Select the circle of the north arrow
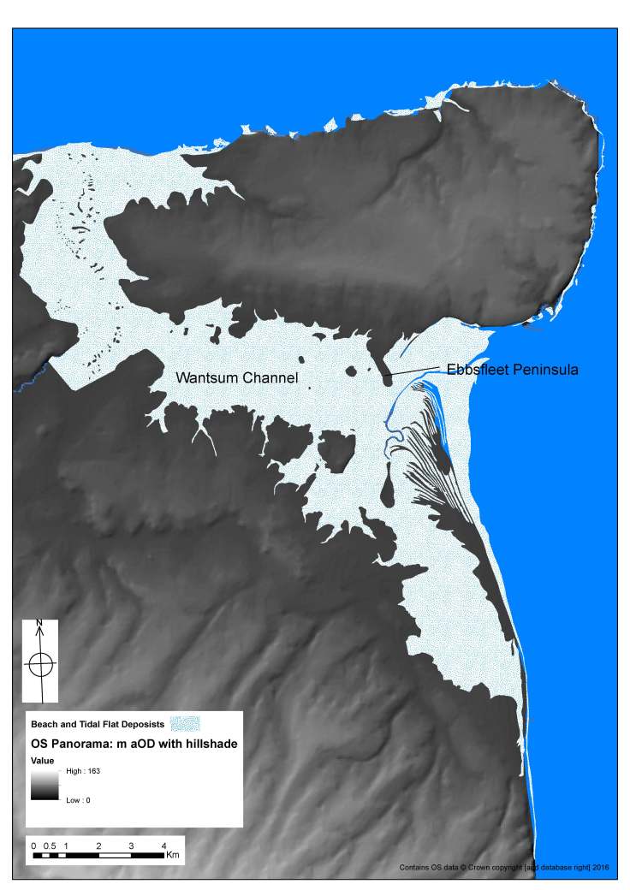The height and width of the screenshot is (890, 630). [40, 662]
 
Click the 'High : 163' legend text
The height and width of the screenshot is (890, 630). [83, 771]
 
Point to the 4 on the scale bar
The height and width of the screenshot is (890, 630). [163, 845]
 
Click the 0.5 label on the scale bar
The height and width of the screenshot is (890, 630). [50, 845]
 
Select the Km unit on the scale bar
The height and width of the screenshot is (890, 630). [174, 855]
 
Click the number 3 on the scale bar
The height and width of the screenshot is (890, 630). [131, 845]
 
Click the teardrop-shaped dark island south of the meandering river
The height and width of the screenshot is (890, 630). [388, 489]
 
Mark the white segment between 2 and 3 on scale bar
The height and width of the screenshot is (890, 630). [115, 854]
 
